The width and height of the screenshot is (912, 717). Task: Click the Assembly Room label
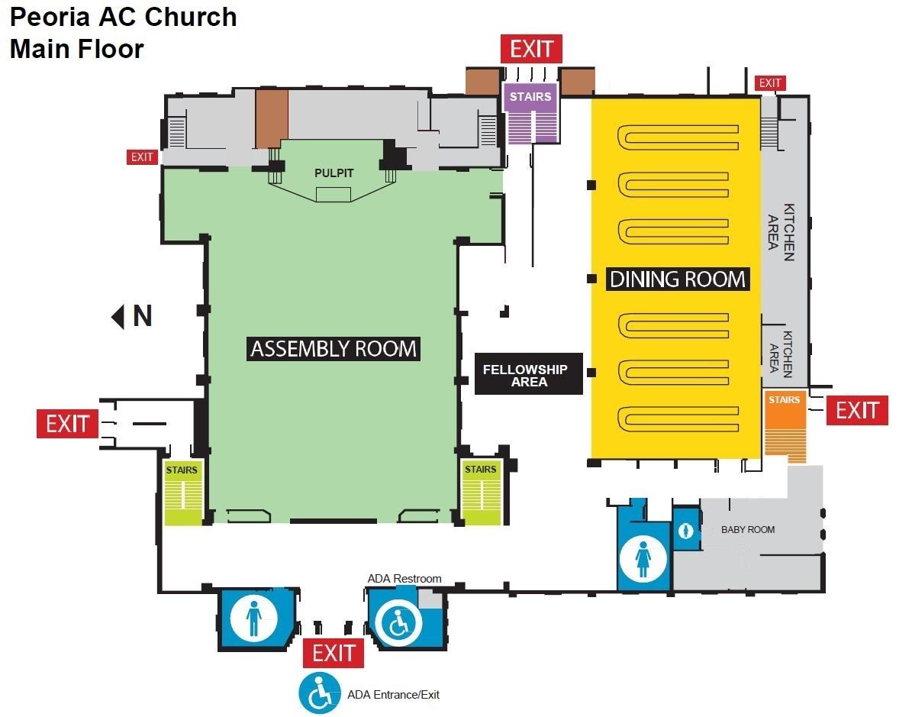click(334, 349)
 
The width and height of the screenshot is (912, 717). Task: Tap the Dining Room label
click(678, 279)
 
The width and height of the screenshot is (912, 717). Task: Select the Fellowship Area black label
click(529, 374)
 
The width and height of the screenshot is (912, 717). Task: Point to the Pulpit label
click(334, 173)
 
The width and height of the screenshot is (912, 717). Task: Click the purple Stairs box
click(530, 114)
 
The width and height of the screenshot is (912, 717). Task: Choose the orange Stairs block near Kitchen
click(785, 426)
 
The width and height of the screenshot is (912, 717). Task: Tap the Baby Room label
click(748, 530)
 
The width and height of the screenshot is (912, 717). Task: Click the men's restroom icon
click(253, 617)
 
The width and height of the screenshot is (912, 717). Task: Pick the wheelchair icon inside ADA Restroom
click(398, 623)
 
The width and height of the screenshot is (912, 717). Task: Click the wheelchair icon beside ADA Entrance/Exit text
click(320, 693)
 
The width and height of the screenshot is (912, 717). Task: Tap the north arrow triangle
click(118, 317)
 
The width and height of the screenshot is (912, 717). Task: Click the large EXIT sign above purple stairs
click(532, 49)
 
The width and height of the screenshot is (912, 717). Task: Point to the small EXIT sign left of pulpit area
click(142, 157)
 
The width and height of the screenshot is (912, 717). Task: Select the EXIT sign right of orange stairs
click(857, 410)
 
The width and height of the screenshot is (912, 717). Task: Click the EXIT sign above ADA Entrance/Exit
click(334, 653)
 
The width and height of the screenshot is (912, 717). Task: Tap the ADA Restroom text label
click(404, 579)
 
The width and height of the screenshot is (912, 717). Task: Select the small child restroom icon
click(685, 531)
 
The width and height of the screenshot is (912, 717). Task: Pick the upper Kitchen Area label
click(781, 231)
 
